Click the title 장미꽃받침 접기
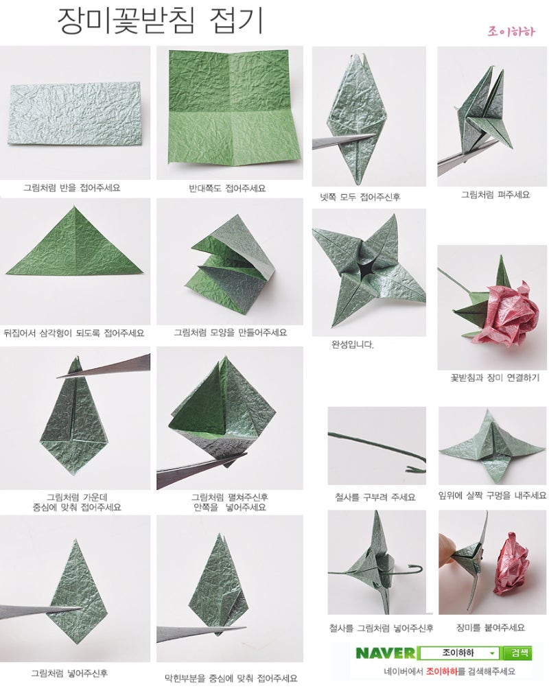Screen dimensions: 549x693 (x=161, y=21)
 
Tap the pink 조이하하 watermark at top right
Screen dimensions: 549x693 (x=511, y=32)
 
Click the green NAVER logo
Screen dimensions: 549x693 (x=385, y=653)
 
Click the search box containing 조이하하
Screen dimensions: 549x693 (x=458, y=653)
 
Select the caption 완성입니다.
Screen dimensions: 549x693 (x=353, y=344)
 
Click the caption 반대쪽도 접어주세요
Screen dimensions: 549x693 (x=227, y=188)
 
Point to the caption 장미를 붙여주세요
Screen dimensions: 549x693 (x=490, y=627)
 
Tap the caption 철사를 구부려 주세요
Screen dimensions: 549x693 (x=375, y=497)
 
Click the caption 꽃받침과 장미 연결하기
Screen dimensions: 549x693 (x=495, y=377)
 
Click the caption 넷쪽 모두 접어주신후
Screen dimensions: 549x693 (x=360, y=197)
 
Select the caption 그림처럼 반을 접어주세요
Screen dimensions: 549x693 (x=71, y=187)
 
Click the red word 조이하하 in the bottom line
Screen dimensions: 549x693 (x=441, y=671)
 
